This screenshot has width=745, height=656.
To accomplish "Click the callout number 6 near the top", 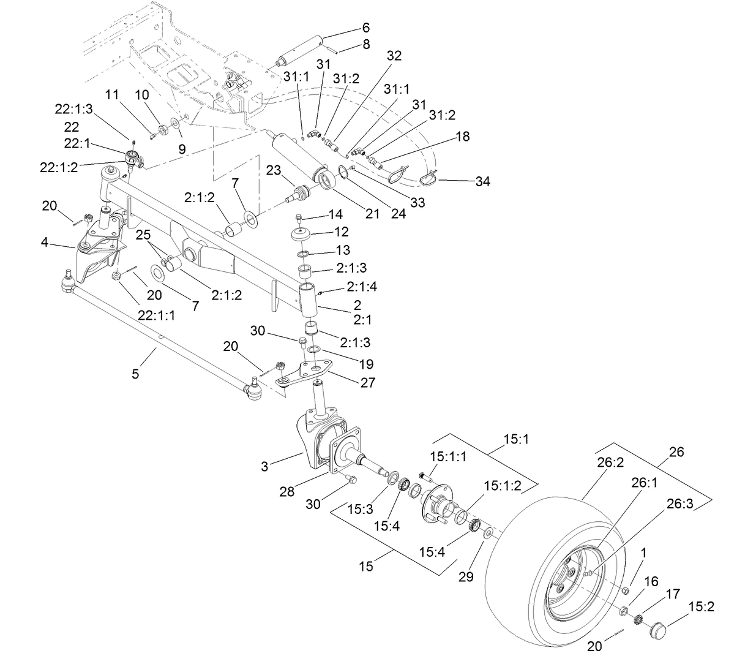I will (366, 28).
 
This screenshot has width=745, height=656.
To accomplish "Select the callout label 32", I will (394, 56).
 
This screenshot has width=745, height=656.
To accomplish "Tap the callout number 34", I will (484, 181).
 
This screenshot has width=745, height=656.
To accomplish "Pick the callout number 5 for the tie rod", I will (135, 373).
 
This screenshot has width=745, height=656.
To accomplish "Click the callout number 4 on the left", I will (45, 242).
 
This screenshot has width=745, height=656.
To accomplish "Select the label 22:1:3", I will (74, 108).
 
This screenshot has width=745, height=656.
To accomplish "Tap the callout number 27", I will (369, 383).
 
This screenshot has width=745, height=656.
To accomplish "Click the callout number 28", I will (286, 491).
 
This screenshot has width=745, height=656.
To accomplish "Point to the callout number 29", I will (466, 576).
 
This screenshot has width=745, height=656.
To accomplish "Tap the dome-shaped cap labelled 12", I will (301, 235).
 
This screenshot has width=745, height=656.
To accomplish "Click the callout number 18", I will (463, 137).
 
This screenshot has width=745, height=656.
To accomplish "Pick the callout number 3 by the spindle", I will (264, 466).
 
